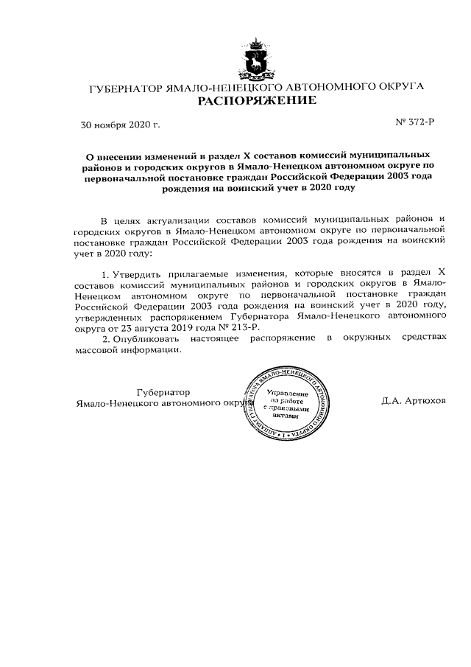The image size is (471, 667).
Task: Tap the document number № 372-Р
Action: pyautogui.click(x=417, y=121)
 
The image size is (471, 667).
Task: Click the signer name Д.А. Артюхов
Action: pyautogui.click(x=414, y=402)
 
